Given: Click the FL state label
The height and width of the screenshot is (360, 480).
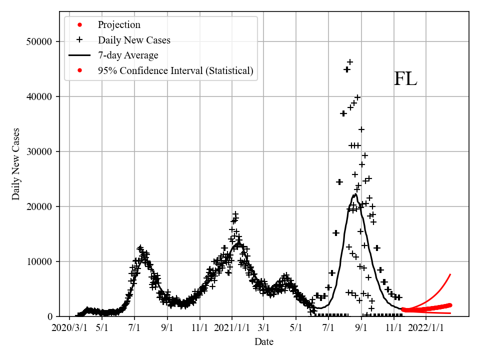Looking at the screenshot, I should (405, 79).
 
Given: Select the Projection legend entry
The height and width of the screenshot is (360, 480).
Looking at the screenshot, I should (119, 25).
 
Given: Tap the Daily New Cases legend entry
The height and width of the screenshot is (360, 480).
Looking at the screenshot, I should (134, 40).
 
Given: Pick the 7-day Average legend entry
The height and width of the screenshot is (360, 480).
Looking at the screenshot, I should (128, 55).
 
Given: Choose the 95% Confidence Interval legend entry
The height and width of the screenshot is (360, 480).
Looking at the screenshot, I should (175, 71).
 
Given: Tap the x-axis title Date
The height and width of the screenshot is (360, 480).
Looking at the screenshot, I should (263, 342).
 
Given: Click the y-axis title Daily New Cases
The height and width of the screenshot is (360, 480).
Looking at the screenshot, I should (16, 164).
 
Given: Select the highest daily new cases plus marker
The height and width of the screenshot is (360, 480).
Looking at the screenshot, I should (350, 62).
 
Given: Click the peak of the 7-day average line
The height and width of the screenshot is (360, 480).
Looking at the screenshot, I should (354, 194).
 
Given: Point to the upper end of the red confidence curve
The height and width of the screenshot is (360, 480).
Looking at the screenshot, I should (450, 274).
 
